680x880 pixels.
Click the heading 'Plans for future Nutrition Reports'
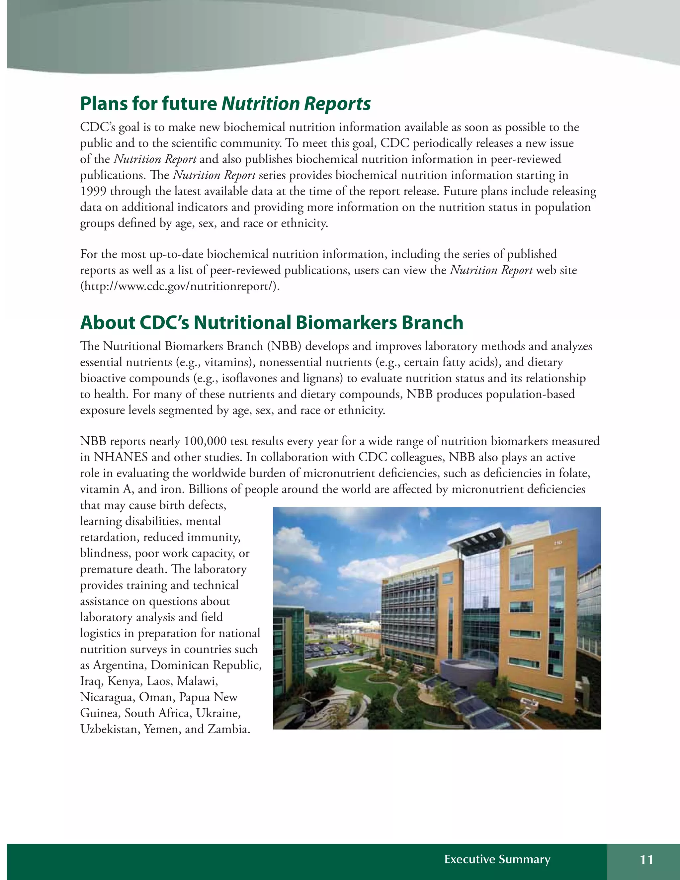225,104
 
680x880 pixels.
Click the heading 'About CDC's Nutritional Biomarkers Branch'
272,322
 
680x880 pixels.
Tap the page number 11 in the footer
646,859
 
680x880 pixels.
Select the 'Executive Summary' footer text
497,859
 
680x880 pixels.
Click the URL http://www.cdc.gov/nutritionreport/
180,287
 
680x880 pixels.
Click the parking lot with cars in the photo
334,649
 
